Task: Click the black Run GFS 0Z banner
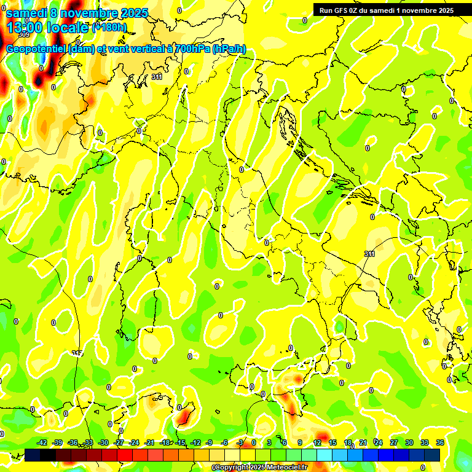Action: pyautogui.click(x=386, y=10)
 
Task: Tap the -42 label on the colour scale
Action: pyautogui.click(x=42, y=442)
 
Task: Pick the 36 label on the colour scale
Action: pyautogui.click(x=440, y=442)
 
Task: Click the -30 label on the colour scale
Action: pyautogui.click(x=103, y=442)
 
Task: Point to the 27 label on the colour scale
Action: pyautogui.click(x=394, y=442)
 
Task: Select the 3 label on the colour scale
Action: pyautogui.click(x=269, y=442)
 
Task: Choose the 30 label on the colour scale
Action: pyautogui.click(x=409, y=442)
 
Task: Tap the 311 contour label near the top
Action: pyautogui.click(x=157, y=77)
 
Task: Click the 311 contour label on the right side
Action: pyautogui.click(x=369, y=254)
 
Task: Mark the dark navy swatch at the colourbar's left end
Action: pyautogui.click(x=33, y=455)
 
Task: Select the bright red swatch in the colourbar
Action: pyautogui.click(x=125, y=455)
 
